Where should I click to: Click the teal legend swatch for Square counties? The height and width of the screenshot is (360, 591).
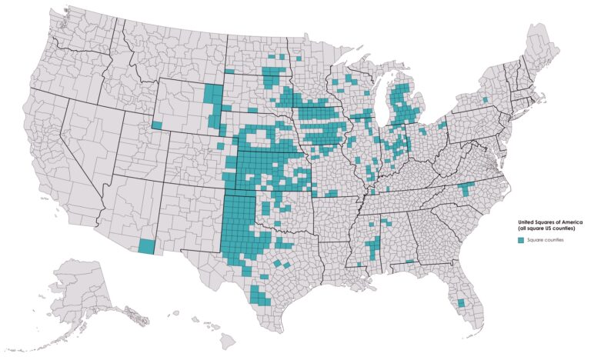[x=520, y=241]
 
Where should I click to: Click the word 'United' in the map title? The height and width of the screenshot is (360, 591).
[x=526, y=222]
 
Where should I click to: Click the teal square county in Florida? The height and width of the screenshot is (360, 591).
[x=461, y=303]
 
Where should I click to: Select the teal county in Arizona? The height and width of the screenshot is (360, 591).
[x=145, y=246]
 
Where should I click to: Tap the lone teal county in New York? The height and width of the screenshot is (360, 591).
[x=484, y=100]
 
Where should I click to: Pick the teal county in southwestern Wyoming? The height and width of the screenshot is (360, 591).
[x=157, y=125]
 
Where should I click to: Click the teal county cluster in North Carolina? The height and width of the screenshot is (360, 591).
[x=464, y=189]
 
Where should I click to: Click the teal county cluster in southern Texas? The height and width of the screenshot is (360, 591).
[x=259, y=295]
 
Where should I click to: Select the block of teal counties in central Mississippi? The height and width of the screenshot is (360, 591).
[x=372, y=247]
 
